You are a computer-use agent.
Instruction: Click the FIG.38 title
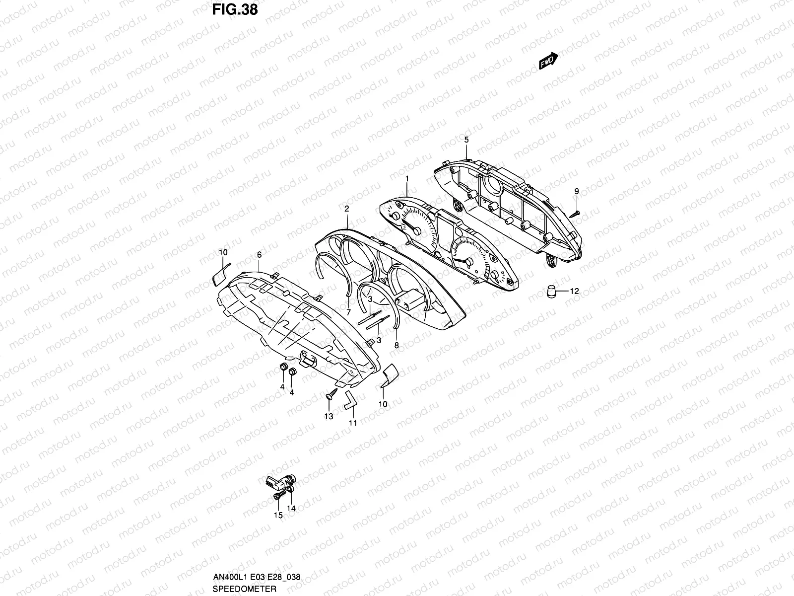pyautogui.click(x=235, y=9)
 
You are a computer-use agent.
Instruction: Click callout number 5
pyautogui.click(x=466, y=140)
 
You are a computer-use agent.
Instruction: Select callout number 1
pyautogui.click(x=407, y=178)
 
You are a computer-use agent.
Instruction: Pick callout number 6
pyautogui.click(x=259, y=254)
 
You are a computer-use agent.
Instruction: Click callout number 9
pyautogui.click(x=577, y=191)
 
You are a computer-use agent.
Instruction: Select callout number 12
pyautogui.click(x=574, y=292)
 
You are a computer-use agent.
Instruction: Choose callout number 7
pyautogui.click(x=348, y=312)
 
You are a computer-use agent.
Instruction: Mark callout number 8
pyautogui.click(x=396, y=345)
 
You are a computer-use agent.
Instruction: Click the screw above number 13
pyautogui.click(x=331, y=395)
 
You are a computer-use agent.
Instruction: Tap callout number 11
pyautogui.click(x=353, y=423)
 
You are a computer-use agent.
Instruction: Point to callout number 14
pyautogui.click(x=291, y=509)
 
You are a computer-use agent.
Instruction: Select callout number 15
pyautogui.click(x=278, y=516)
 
